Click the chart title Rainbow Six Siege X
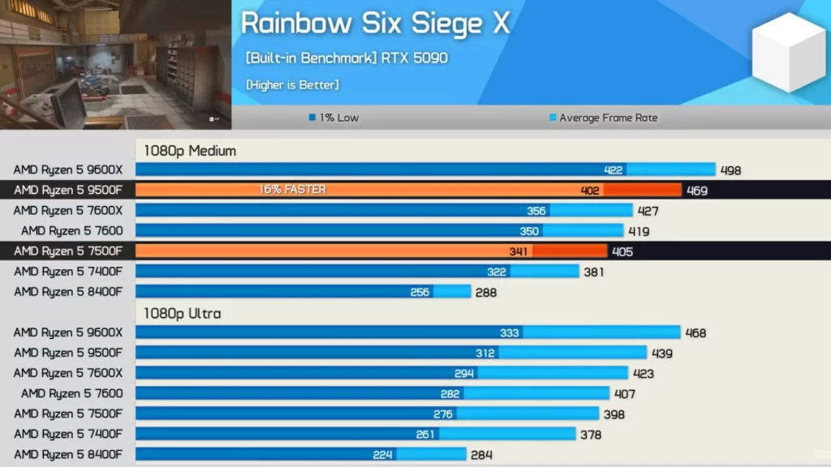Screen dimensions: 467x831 coord(375,23)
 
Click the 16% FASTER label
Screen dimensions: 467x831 coord(292,190)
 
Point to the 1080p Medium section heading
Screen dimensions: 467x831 coord(190,150)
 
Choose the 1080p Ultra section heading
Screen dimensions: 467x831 coord(183,313)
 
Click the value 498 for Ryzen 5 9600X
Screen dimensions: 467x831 coord(730,170)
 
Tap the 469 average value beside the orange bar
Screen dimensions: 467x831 coord(696,191)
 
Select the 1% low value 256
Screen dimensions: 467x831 coord(420,292)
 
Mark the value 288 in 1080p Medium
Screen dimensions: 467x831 coord(485,292)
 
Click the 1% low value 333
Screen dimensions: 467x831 coord(510,333)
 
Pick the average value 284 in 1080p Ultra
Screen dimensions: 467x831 coord(481,455)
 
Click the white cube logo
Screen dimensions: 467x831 coord(788,52)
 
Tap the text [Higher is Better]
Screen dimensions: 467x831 coord(292,84)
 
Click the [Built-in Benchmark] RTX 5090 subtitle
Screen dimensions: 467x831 coord(347,58)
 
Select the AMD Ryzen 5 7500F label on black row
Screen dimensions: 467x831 coord(68,251)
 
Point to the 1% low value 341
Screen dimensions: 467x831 coord(518,251)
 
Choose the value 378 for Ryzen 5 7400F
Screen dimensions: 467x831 coord(591,435)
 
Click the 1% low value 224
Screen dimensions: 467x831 coord(383,455)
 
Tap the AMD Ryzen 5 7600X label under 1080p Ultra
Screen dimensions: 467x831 coord(68,373)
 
